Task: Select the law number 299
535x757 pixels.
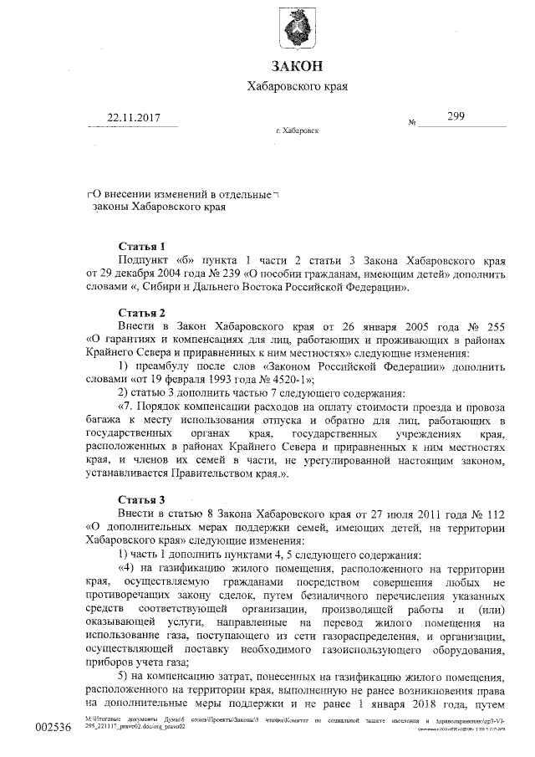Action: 456,117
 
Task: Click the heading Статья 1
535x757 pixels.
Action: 142,247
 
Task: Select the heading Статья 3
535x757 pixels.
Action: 142,499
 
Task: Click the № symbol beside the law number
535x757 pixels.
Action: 412,122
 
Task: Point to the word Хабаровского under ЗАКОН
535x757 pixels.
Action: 284,87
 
